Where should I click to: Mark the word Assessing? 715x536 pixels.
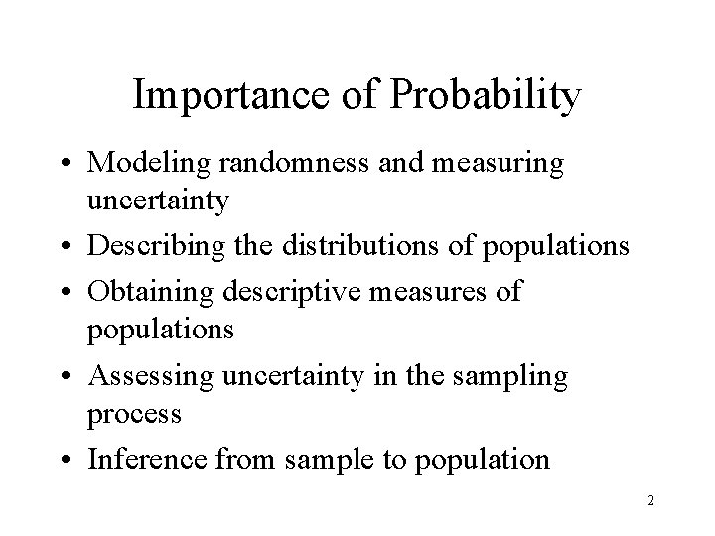(149, 377)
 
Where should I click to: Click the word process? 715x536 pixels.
(135, 413)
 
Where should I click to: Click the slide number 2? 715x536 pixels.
(650, 501)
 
